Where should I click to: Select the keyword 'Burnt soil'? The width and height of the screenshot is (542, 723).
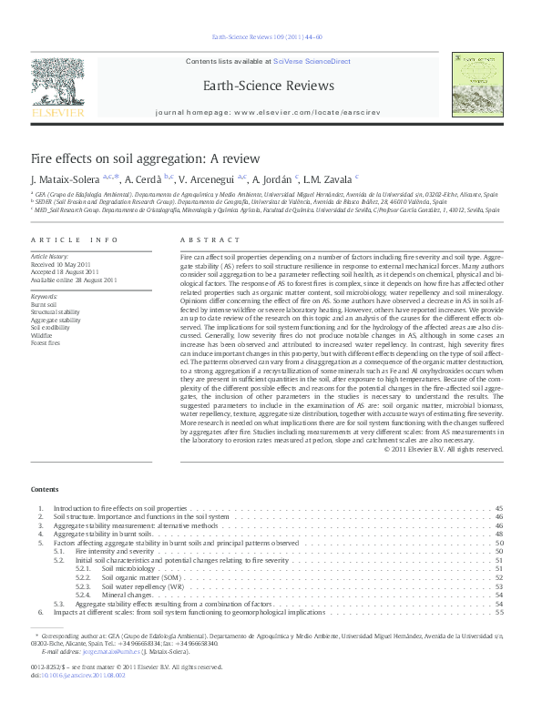(45, 303)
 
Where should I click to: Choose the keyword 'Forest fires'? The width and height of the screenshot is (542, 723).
(46, 343)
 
